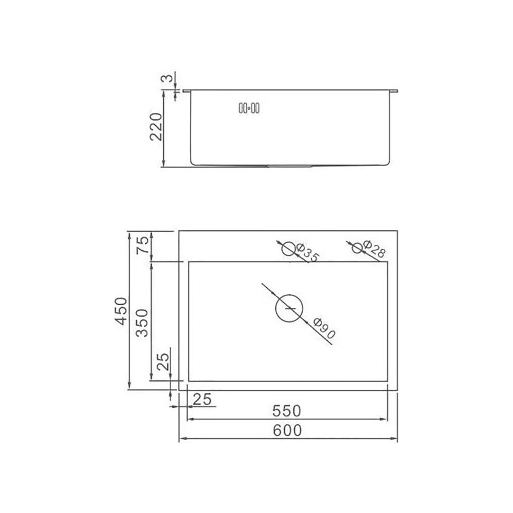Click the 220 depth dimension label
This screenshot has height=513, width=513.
156,127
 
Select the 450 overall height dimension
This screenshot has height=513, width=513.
121,311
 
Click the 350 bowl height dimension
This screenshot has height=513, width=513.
142,323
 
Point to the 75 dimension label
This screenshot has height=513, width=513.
143,245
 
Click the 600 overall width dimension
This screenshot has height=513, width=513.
287,430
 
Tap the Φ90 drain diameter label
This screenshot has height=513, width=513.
324,328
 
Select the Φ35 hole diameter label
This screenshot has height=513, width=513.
307,252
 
